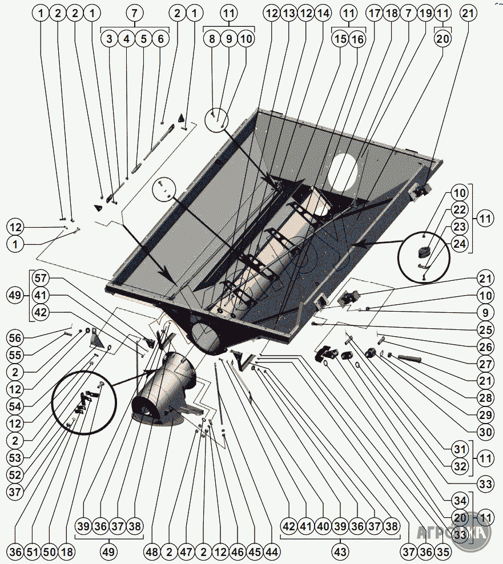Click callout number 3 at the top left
[x=109, y=39]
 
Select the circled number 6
[x=160, y=39]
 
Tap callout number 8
[x=212, y=39]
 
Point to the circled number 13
[x=288, y=13]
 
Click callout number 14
[x=323, y=13]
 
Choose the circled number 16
[x=357, y=39]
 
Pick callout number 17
[x=374, y=13]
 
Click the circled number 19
[x=425, y=13]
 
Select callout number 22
[x=460, y=210]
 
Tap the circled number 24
[x=460, y=244]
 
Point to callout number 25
[x=485, y=330]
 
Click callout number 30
[x=485, y=433]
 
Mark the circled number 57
[x=41, y=278]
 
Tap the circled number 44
[x=271, y=552]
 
